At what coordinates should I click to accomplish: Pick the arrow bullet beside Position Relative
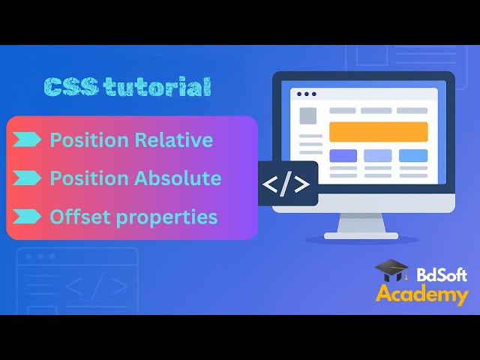[x=28, y=139]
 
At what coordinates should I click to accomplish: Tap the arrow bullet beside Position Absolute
[x=28, y=178]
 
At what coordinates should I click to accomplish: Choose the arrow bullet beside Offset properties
[x=28, y=217]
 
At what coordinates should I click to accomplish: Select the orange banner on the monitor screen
[x=378, y=132]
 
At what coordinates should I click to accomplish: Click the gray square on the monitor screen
[x=308, y=116]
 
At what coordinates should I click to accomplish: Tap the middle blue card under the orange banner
[x=378, y=156]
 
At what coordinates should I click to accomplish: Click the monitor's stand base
[x=361, y=235]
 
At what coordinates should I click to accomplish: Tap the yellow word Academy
[x=421, y=295]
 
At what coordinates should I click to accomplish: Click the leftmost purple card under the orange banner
[x=343, y=156]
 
